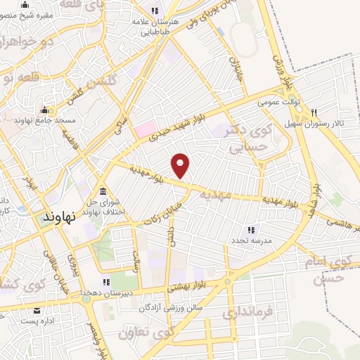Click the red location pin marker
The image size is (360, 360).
(x=181, y=165)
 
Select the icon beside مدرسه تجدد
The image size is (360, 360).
(x=250, y=229)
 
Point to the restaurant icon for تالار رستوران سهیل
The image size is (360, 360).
(x=314, y=113)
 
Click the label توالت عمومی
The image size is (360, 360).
(x=278, y=102)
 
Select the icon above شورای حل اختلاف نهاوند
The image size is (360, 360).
(x=103, y=191)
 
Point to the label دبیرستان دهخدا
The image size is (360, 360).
(x=103, y=292)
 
